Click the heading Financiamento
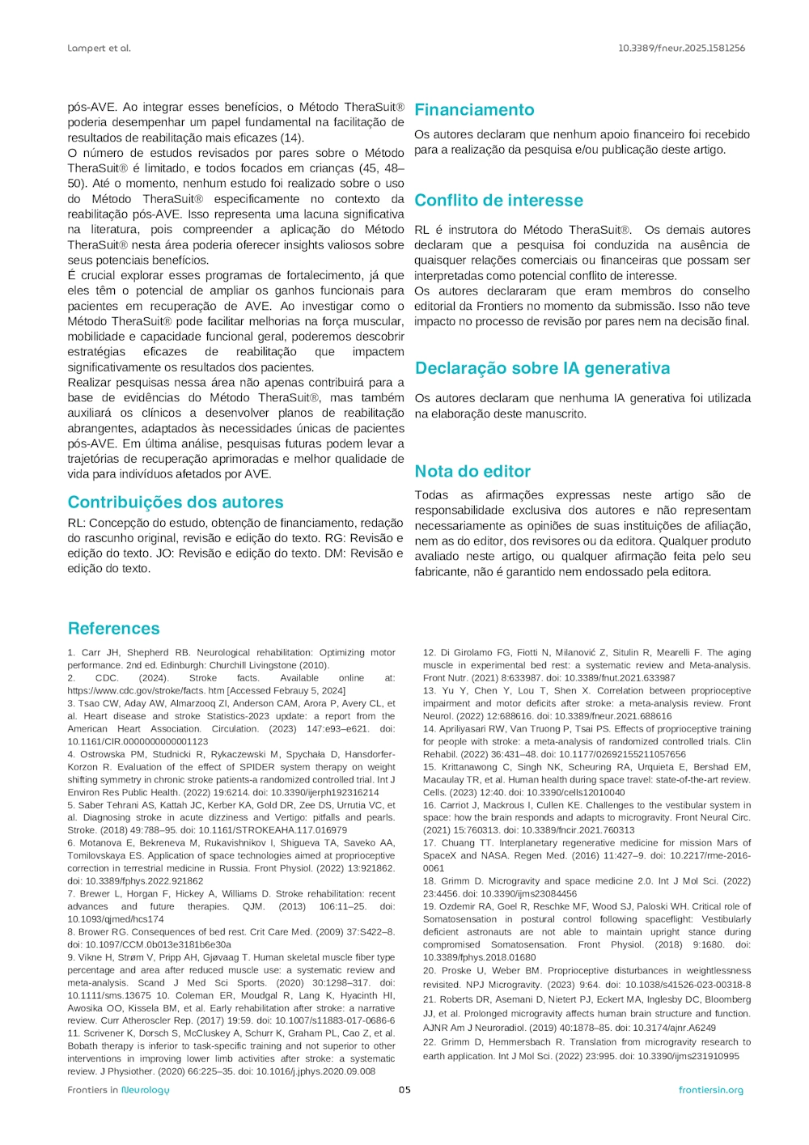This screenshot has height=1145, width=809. click(x=474, y=110)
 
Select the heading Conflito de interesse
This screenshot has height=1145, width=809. click(x=498, y=201)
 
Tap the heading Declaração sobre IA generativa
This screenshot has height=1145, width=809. click(x=542, y=369)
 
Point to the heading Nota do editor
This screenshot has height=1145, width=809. click(x=472, y=472)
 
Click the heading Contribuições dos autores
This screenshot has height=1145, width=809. click(x=176, y=503)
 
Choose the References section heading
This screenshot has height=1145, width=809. click(x=113, y=629)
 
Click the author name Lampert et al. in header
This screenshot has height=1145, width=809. click(x=99, y=49)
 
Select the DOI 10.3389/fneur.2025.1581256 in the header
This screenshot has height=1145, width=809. click(x=681, y=49)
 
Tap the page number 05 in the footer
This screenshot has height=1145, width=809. click(x=404, y=1090)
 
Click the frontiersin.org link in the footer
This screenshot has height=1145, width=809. click(x=710, y=1090)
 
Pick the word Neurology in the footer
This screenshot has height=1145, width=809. click(x=146, y=1090)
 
